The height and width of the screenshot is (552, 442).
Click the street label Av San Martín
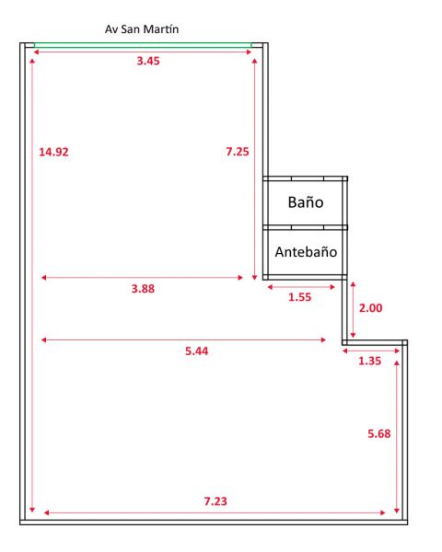click(x=142, y=29)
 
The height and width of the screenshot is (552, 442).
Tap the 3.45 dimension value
click(x=148, y=61)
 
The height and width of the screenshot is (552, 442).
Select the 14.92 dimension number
click(x=53, y=152)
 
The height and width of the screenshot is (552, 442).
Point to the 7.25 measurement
click(x=238, y=152)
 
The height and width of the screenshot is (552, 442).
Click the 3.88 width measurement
click(x=143, y=289)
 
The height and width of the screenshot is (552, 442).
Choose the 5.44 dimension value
click(x=197, y=351)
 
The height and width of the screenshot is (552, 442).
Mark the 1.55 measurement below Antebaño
click(x=299, y=297)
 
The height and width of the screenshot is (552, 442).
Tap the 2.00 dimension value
click(x=370, y=308)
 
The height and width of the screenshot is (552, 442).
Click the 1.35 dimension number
click(x=369, y=361)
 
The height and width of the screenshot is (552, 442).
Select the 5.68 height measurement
click(x=378, y=433)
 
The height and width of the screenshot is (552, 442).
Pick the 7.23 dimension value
click(x=215, y=501)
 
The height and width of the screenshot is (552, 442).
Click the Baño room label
click(x=306, y=202)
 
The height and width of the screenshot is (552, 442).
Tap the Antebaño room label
click(x=306, y=252)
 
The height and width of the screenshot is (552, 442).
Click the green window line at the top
click(x=143, y=45)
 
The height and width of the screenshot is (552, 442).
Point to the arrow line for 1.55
click(x=301, y=287)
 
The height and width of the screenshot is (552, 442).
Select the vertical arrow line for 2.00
click(x=353, y=310)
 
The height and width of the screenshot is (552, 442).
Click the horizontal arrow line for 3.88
click(x=142, y=278)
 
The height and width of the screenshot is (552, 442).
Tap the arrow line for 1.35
click(x=371, y=351)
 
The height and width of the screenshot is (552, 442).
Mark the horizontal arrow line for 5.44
click(x=183, y=340)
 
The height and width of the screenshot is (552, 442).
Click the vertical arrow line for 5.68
click(x=397, y=437)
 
